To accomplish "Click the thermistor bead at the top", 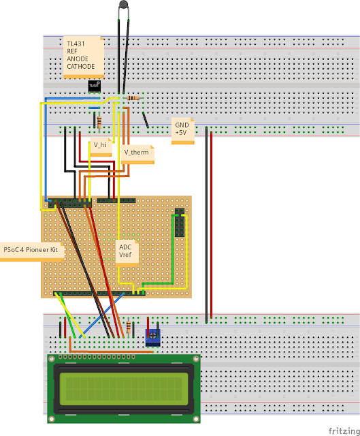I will [123, 6].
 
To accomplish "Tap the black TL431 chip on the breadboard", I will [94, 86].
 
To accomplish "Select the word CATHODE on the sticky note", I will [81, 67].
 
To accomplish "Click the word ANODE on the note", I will [78, 59].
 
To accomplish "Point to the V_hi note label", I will [100, 145].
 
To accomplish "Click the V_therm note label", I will [136, 152].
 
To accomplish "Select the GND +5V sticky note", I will [182, 129].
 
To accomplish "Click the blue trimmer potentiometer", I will [153, 335].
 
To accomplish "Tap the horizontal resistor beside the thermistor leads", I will [133, 98].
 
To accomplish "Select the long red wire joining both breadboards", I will [211, 225].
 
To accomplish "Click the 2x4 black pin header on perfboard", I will [180, 222].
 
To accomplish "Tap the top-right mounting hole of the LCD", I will [193, 359].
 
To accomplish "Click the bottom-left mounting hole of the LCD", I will [52, 418].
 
